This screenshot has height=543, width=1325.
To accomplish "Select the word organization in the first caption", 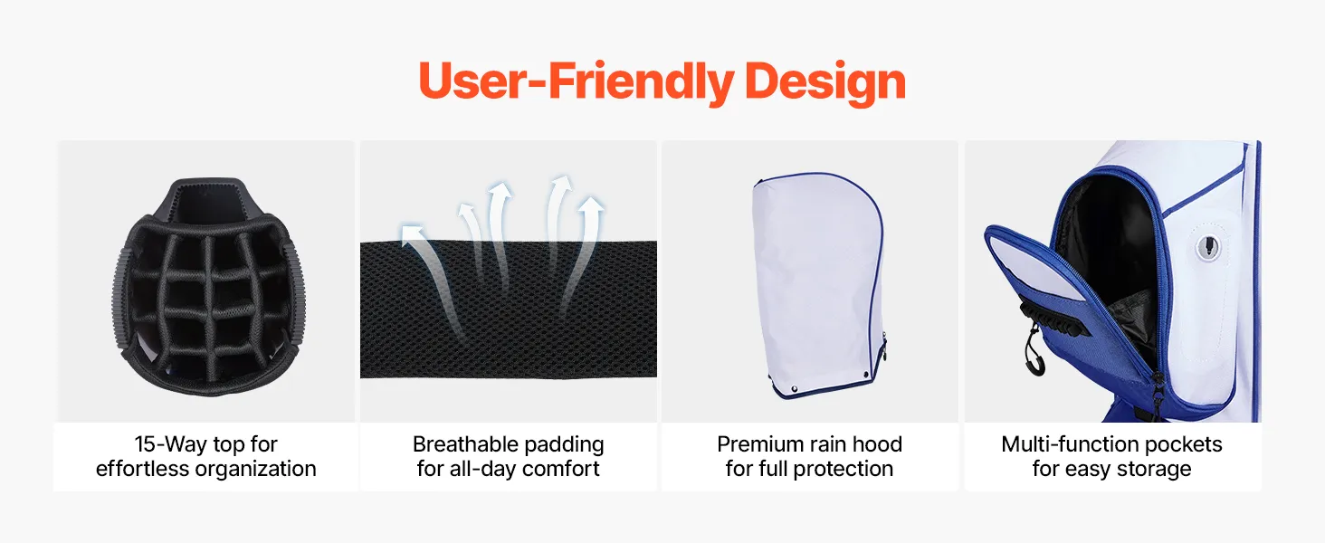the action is [x=255, y=469].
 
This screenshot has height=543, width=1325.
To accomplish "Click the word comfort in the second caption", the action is [x=561, y=469].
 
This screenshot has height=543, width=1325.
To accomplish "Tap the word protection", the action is [x=843, y=469].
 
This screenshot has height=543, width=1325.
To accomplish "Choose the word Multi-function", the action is [x=1062, y=443].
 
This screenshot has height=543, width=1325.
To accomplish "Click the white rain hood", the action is [x=819, y=285].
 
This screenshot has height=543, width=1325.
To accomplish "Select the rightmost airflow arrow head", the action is [x=591, y=205].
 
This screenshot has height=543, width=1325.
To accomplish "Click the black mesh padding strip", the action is [x=508, y=309].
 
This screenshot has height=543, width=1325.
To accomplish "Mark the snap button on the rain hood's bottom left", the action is [x=793, y=388].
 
